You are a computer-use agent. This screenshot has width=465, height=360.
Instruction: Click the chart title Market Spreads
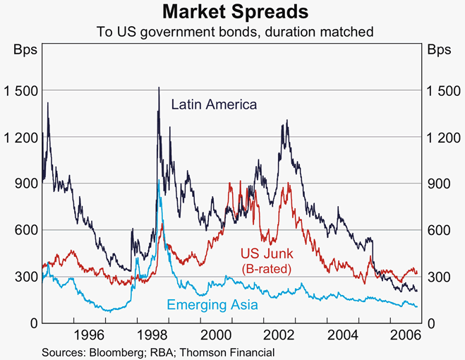click(x=232, y=12)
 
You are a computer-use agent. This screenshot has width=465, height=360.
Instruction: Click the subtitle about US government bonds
click(x=232, y=31)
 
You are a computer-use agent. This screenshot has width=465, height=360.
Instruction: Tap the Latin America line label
click(x=214, y=104)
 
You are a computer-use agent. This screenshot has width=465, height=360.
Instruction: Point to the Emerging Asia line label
click(x=212, y=305)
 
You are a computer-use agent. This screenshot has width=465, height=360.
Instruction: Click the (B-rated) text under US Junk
click(x=267, y=269)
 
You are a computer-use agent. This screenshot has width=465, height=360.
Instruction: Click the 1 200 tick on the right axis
click(x=442, y=136)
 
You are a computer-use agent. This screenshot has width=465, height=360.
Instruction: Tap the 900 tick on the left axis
click(x=25, y=183)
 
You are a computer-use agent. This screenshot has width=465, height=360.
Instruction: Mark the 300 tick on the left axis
click(x=25, y=276)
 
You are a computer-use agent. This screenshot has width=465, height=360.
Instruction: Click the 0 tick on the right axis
click(x=432, y=323)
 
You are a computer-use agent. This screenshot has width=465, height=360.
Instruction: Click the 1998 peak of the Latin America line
click(x=158, y=88)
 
